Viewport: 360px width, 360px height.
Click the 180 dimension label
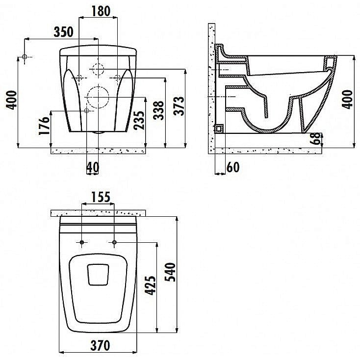(101, 11)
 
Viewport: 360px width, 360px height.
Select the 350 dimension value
(64, 32)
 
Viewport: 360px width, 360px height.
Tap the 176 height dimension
(44, 126)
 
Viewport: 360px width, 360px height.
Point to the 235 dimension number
(139, 120)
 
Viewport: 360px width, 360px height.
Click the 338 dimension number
(158, 110)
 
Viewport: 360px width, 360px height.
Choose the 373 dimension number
(179, 106)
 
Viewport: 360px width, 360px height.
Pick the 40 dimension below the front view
(93, 167)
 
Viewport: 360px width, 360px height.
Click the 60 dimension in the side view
(233, 167)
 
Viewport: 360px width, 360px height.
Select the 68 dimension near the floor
(316, 138)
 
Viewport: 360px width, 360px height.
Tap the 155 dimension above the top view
(101, 197)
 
